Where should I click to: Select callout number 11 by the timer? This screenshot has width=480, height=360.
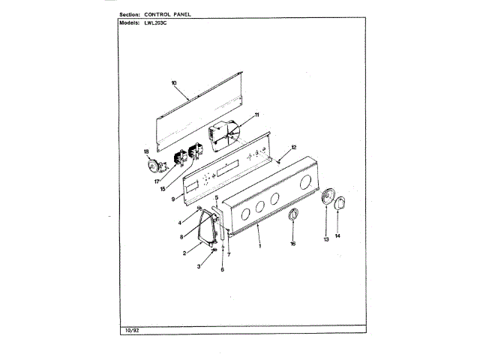[x=256, y=115]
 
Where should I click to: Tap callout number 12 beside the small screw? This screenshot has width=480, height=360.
[x=294, y=147]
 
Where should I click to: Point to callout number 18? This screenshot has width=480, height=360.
[x=147, y=152]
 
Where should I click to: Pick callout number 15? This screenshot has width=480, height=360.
[x=163, y=189]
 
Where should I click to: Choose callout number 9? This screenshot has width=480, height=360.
[x=173, y=199]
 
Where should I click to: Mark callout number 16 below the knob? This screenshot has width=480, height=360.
[x=292, y=244]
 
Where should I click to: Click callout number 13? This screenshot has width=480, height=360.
[x=326, y=239]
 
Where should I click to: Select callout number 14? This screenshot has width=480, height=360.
[x=337, y=236]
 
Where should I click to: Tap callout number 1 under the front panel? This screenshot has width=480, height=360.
[x=260, y=247]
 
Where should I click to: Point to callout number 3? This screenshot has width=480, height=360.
[x=199, y=266]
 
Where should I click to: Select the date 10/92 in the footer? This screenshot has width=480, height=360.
[x=129, y=331]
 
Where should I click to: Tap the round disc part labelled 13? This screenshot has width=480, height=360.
[x=326, y=199]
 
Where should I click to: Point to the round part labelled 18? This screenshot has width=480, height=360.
[x=156, y=166]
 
